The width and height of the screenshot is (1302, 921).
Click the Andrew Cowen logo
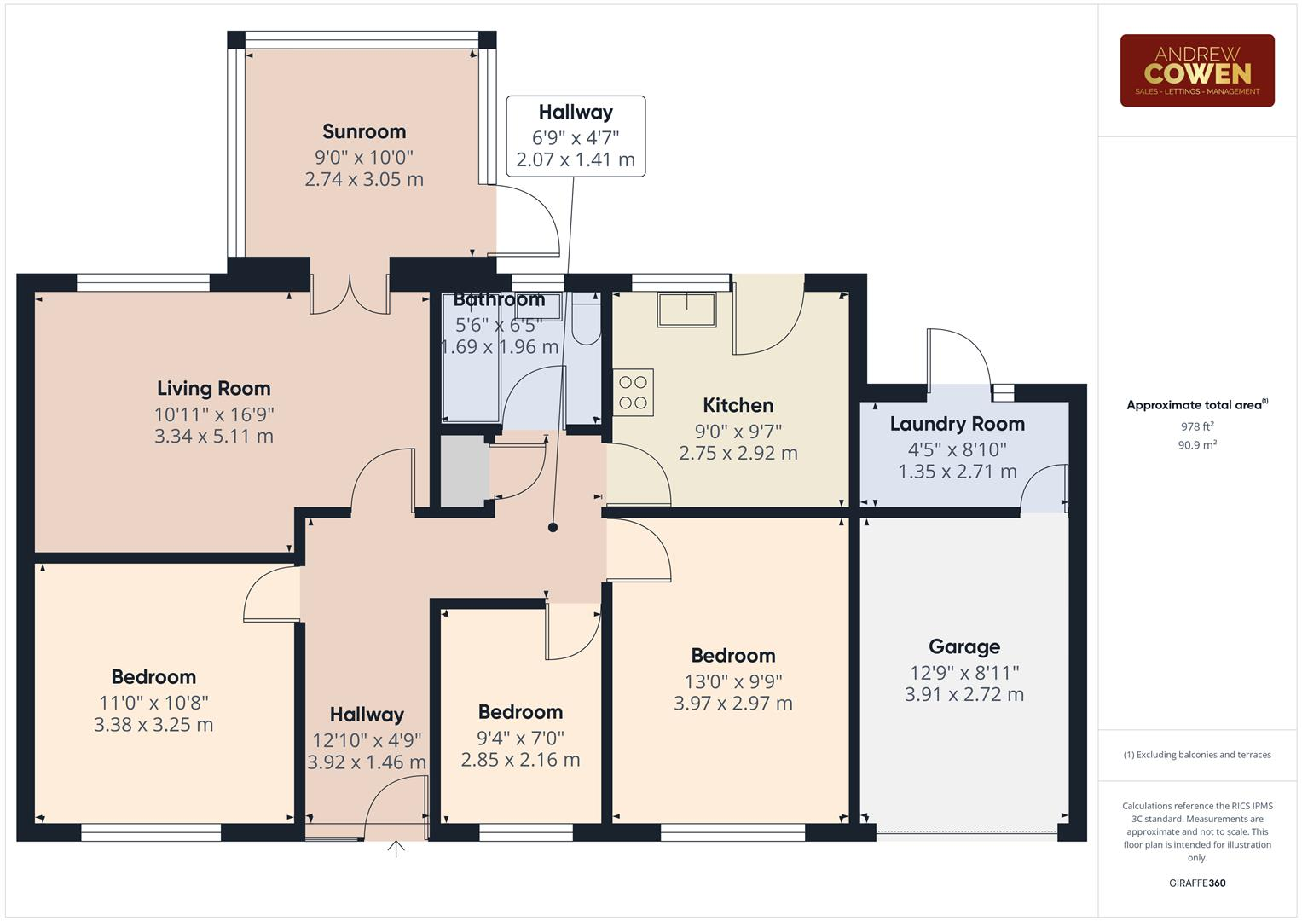click(x=1196, y=70)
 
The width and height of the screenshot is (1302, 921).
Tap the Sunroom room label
click(x=364, y=131)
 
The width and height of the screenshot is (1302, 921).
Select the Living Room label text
click(x=213, y=389)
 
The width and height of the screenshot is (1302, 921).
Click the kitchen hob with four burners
click(x=634, y=392)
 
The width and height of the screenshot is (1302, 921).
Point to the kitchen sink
click(x=686, y=310)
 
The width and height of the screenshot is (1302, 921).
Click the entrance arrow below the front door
click(x=396, y=849)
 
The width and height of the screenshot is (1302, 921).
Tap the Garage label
click(x=963, y=647)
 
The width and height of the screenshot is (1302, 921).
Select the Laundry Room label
click(x=957, y=424)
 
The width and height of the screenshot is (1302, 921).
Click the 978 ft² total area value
click(x=1196, y=426)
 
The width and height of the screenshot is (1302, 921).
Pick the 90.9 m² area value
click(x=1196, y=444)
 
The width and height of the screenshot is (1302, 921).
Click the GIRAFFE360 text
click(x=1196, y=883)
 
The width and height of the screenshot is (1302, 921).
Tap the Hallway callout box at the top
click(x=576, y=136)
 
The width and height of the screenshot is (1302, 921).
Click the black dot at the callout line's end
click(x=553, y=528)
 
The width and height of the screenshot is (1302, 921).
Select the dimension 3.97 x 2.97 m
click(x=732, y=704)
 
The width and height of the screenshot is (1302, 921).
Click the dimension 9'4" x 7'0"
click(x=520, y=738)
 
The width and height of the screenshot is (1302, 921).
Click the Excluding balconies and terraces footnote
click(x=1196, y=755)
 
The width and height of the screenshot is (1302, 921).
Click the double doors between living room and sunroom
click(x=350, y=294)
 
